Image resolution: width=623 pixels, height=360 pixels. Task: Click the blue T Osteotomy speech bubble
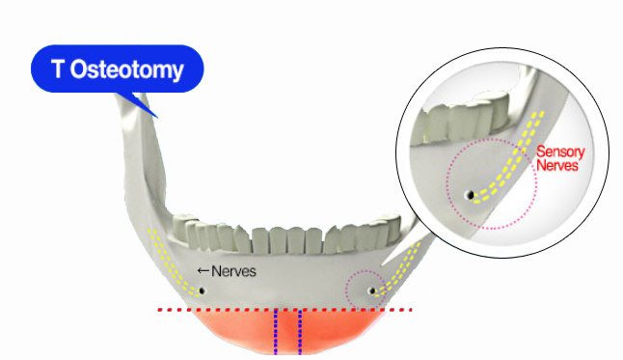click(x=117, y=69)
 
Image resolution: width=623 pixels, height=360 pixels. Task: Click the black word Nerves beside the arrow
click(x=233, y=272)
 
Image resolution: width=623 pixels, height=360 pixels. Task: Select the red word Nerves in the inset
click(x=557, y=166)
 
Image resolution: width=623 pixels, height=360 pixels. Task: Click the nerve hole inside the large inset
click(x=470, y=195)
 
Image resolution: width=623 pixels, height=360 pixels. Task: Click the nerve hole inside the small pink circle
click(x=371, y=291)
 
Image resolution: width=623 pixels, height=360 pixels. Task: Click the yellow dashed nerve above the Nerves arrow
click(x=167, y=256)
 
